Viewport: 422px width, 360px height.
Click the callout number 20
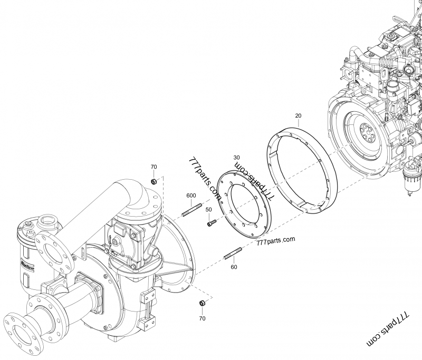(x=299, y=115)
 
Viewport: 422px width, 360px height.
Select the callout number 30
(x=236, y=158)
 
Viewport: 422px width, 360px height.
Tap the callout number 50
(x=208, y=210)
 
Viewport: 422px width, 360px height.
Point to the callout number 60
(x=234, y=267)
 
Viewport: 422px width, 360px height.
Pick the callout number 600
(x=191, y=196)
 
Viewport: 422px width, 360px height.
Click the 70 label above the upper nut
(x=154, y=167)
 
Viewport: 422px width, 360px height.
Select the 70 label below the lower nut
(x=202, y=318)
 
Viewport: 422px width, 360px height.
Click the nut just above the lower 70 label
(x=202, y=303)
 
